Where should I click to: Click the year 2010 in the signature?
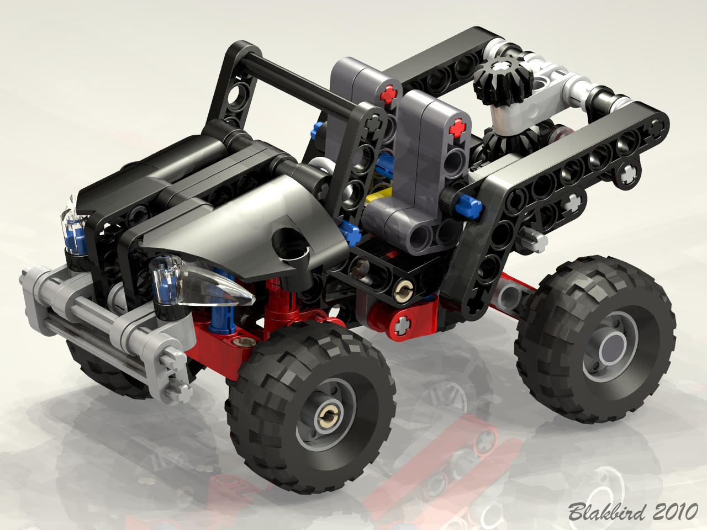(x=676, y=511)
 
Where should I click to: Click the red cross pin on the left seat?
(x=388, y=94)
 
